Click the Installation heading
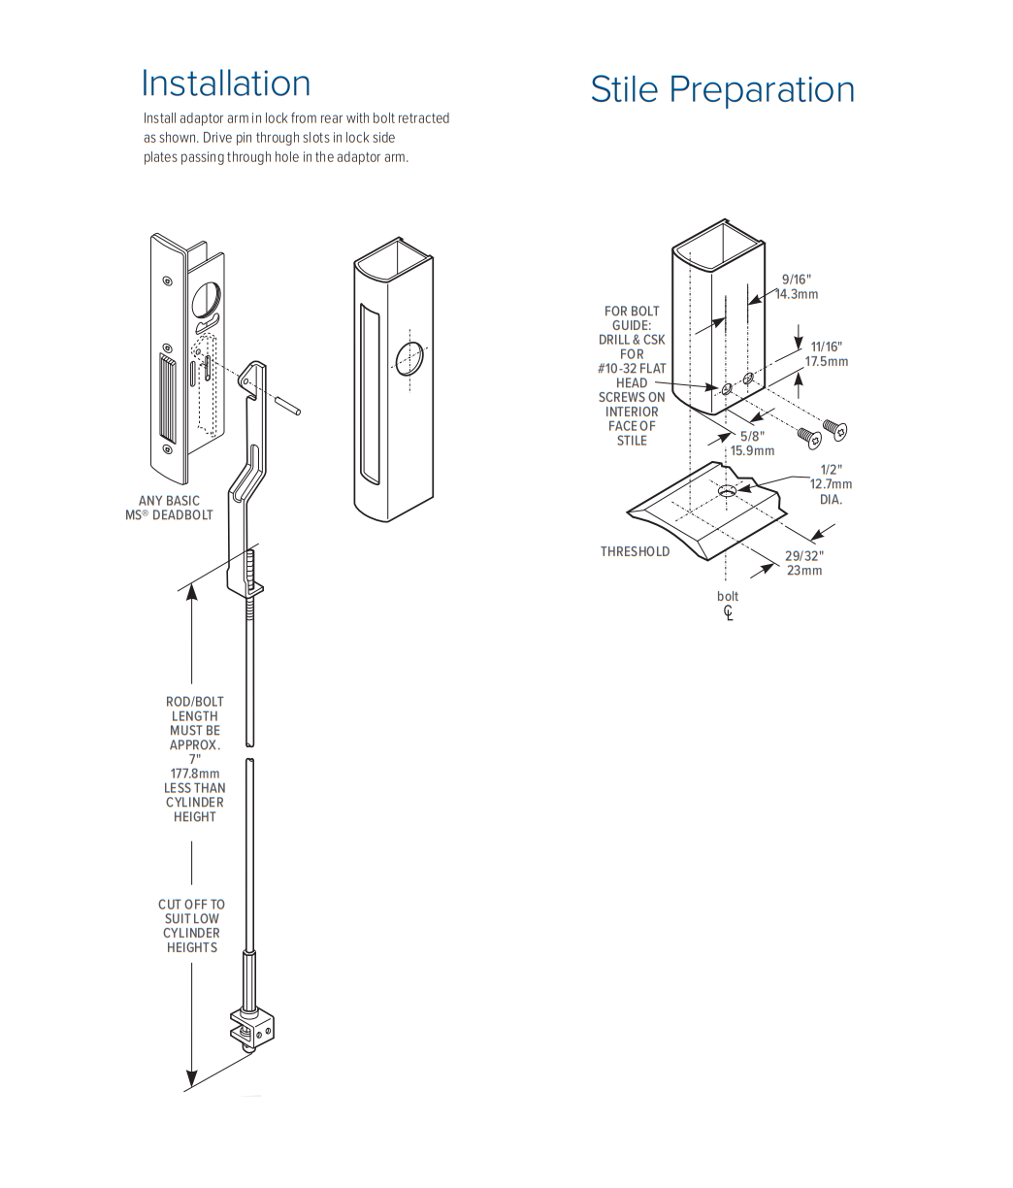pos(226,83)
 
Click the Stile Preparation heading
pos(722,89)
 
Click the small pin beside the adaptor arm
pos(287,404)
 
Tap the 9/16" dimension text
pos(796,280)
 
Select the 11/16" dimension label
pos(826,346)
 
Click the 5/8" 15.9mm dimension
pos(752,444)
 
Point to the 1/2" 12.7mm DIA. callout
pos(831,484)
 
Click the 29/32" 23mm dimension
pos(803,563)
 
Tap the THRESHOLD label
pos(635,551)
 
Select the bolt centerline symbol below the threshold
pos(728,612)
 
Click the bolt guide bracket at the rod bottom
pos(253,1030)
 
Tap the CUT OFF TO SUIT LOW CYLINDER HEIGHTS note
pos(191,925)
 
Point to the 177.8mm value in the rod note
pos(194,774)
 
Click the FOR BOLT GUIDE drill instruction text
pos(632,376)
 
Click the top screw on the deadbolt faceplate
pos(168,280)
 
